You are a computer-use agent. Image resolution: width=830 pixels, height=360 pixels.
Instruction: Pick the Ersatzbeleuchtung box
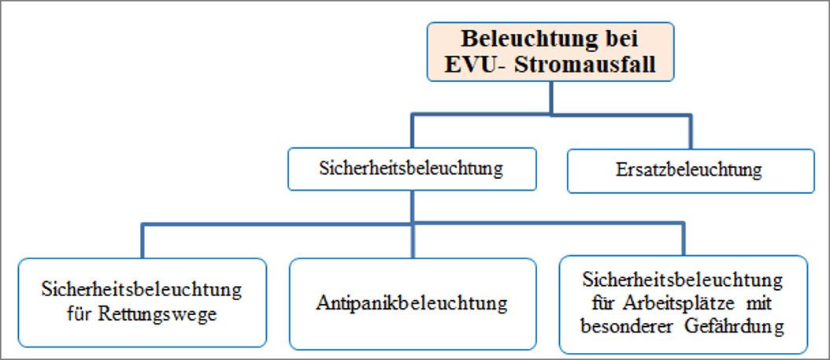[x=691, y=171]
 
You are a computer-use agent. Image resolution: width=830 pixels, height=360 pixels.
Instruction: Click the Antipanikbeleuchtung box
[x=413, y=304]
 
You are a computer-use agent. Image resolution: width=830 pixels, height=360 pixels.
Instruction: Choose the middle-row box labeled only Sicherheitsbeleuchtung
[x=412, y=169]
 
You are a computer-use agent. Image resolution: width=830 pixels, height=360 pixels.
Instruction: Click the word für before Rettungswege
[x=80, y=314]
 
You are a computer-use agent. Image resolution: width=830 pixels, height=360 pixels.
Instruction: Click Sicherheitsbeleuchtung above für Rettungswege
[x=142, y=290]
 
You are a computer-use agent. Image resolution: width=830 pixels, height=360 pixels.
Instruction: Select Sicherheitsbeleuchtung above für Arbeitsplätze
[x=682, y=280]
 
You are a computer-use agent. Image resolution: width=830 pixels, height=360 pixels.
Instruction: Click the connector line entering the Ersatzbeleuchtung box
[x=691, y=132]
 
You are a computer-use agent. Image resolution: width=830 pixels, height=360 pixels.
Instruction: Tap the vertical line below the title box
[x=550, y=98]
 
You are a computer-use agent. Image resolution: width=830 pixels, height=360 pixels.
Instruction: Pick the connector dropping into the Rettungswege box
[x=143, y=241]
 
